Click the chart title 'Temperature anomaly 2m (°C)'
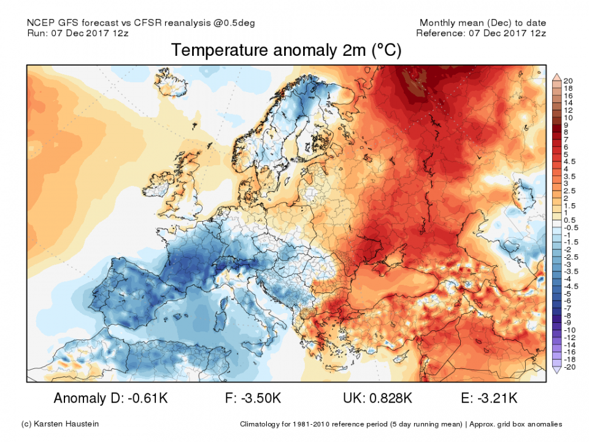point(286,51)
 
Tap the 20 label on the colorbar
point(568,81)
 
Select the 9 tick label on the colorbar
point(565,125)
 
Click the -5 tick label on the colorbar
point(566,293)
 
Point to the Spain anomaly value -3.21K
point(499,398)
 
